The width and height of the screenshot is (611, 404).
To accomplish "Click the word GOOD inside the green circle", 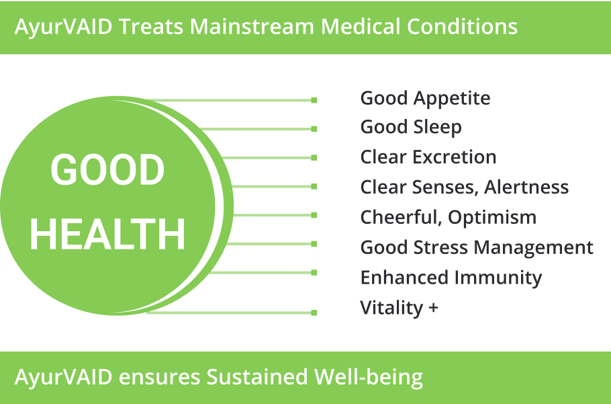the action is click(107, 169).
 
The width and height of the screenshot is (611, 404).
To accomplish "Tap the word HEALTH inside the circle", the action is click(107, 234).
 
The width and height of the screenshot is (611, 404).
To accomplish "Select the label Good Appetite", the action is click(425, 98).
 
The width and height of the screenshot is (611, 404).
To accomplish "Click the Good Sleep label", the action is click(411, 127).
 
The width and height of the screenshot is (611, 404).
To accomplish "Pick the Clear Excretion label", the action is click(428, 157).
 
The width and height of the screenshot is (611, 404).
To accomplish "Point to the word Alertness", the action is click(526, 187).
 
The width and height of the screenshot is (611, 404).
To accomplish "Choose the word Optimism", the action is click(492, 217).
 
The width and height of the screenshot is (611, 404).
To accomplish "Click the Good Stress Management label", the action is click(477, 247).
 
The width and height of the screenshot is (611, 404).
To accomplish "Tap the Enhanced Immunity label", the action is click(451, 278).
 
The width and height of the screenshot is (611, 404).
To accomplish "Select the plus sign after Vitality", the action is click(433, 308).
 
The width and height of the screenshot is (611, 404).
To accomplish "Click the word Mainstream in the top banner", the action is click(252, 26).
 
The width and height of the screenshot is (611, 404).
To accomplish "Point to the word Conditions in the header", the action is click(462, 26).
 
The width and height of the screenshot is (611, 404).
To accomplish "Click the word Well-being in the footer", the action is click(369, 377).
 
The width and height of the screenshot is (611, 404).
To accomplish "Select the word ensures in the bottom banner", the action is click(159, 378).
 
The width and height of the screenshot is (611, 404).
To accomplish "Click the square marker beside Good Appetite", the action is click(314, 100).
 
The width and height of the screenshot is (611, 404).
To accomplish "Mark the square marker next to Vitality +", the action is click(314, 313).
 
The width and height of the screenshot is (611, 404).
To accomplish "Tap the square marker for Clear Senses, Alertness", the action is click(314, 186).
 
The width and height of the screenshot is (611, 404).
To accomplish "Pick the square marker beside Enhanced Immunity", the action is click(314, 273).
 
